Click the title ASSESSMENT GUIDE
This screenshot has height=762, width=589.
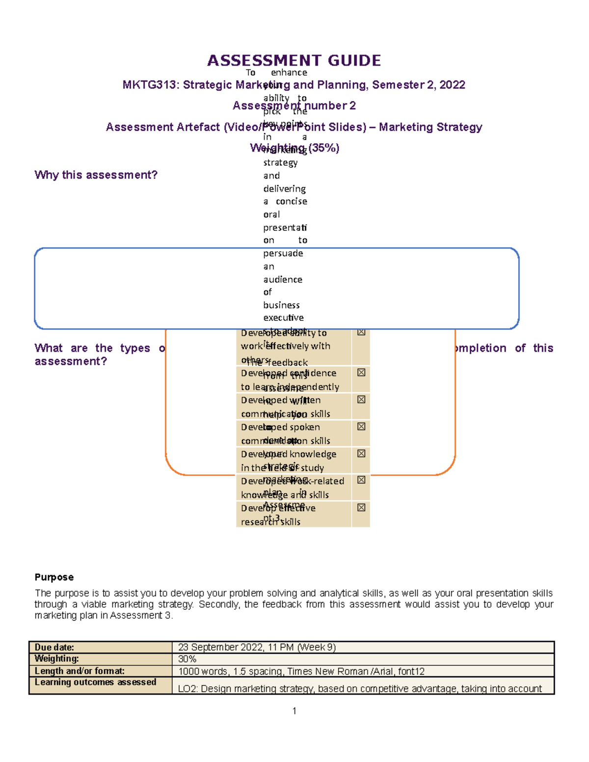click(294, 61)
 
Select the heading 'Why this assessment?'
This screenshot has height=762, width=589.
click(96, 175)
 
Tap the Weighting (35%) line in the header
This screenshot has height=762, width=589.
click(294, 148)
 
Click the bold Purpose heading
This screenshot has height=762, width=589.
click(54, 577)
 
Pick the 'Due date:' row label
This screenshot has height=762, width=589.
click(54, 647)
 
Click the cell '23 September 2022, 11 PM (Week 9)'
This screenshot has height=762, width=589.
click(257, 647)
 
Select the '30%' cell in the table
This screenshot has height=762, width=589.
click(187, 659)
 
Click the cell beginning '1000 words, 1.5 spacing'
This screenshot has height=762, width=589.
click(301, 671)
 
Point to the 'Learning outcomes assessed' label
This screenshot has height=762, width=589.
click(95, 682)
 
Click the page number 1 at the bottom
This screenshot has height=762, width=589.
click(294, 711)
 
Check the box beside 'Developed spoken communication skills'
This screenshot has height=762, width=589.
click(361, 426)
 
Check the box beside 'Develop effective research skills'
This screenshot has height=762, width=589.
click(361, 507)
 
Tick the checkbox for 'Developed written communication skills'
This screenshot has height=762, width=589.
click(361, 399)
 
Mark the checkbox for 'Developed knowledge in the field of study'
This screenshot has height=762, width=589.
click(361, 453)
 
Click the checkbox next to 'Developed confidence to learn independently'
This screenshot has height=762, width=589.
click(361, 372)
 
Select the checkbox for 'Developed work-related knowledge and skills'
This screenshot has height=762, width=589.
click(361, 480)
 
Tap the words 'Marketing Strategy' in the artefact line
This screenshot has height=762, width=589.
click(430, 127)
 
